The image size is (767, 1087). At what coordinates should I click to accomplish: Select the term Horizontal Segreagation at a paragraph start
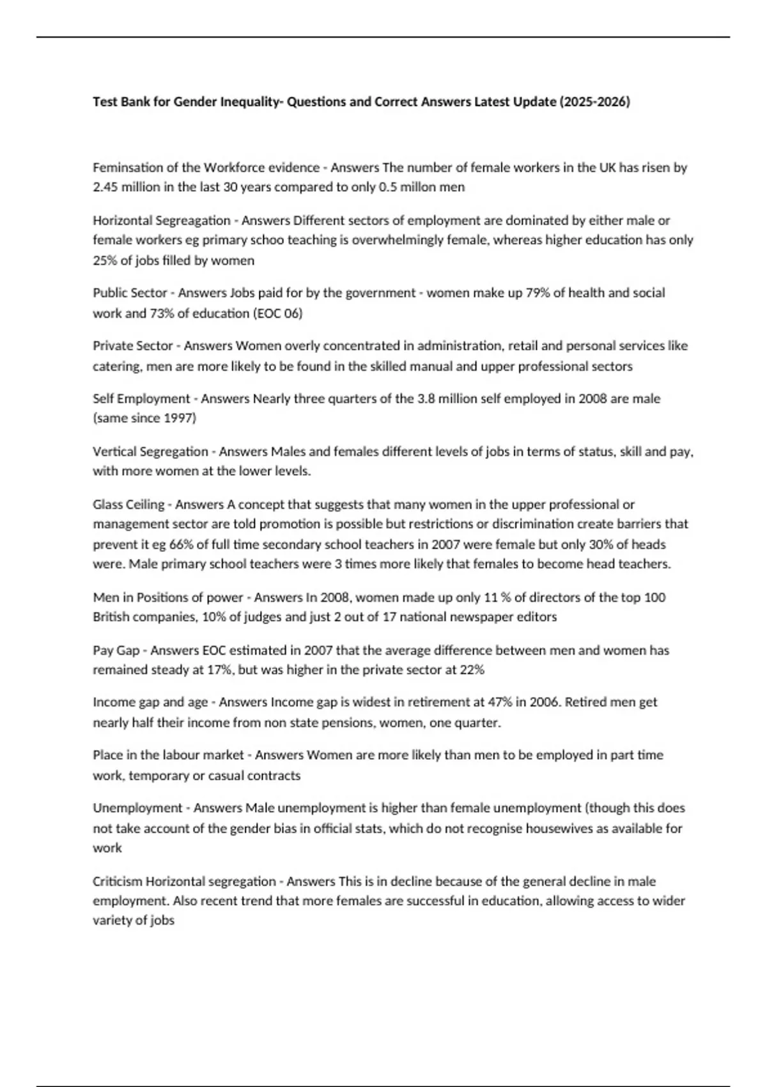[x=161, y=221]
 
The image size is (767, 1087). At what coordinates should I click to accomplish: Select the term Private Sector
[x=133, y=346]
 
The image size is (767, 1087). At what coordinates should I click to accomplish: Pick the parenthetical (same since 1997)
[x=144, y=419]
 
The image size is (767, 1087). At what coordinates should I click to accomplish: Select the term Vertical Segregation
[x=150, y=451]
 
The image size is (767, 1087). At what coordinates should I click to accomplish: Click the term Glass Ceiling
[x=128, y=504]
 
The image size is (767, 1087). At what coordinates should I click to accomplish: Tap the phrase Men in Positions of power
[x=168, y=597]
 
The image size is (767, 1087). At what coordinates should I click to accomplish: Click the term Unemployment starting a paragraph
[x=137, y=808]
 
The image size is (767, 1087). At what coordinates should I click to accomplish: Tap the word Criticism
[x=118, y=882]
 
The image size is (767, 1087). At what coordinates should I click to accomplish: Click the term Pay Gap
[x=116, y=650]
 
